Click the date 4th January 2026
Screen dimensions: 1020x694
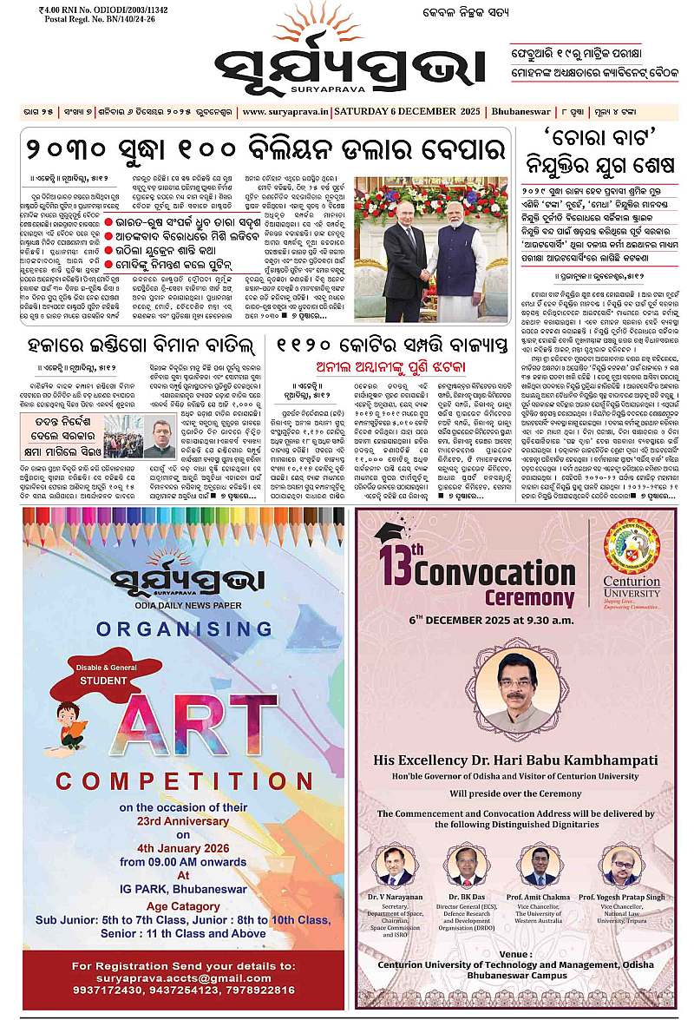(183, 848)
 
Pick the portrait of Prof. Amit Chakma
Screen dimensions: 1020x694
(539, 865)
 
